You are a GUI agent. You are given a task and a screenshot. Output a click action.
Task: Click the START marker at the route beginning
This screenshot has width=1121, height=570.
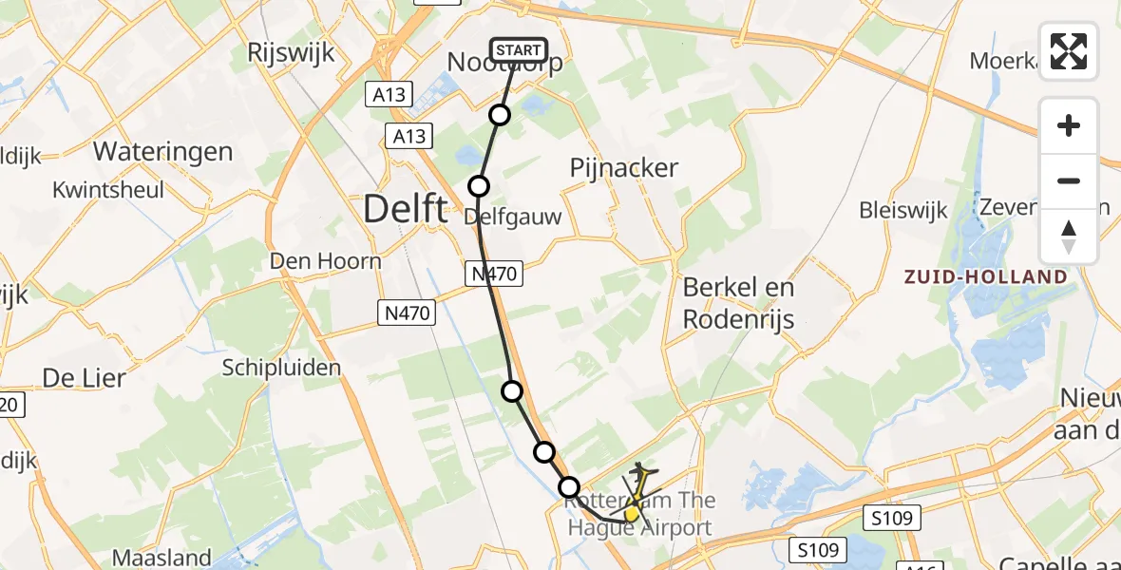pyautogui.click(x=518, y=50)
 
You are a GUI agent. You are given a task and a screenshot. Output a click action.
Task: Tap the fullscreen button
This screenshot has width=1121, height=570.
pyautogui.click(x=1069, y=51)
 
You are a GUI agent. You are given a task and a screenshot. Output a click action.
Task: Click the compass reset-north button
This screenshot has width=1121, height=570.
pyautogui.click(x=1069, y=237)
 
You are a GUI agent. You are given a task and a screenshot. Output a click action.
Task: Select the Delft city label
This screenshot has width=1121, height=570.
pyautogui.click(x=406, y=209)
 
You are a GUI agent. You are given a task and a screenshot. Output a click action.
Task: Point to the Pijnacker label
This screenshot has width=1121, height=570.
pyautogui.click(x=624, y=168)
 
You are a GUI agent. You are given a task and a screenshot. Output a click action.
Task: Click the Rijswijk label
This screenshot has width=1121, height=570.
pyautogui.click(x=292, y=53)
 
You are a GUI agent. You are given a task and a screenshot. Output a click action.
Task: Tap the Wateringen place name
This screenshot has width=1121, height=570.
pyautogui.click(x=162, y=152)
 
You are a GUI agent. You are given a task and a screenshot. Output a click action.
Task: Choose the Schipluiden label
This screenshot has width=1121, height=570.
pyautogui.click(x=281, y=368)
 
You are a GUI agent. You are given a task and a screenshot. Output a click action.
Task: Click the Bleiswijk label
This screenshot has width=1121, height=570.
pyautogui.click(x=903, y=210)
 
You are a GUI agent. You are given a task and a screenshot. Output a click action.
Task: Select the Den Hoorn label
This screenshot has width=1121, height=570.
pyautogui.click(x=326, y=261)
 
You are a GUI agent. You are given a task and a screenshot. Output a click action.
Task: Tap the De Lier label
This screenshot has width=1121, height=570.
pyautogui.click(x=84, y=378)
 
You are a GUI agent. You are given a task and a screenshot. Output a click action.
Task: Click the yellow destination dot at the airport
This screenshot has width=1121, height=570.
pyautogui.click(x=632, y=514)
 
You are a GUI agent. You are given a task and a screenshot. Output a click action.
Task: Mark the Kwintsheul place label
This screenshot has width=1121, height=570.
pyautogui.click(x=109, y=189)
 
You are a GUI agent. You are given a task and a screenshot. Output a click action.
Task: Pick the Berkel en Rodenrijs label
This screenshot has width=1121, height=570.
pyautogui.click(x=739, y=303)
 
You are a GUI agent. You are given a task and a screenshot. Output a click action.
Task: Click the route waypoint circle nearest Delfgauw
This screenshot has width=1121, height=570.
pyautogui.click(x=479, y=186)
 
